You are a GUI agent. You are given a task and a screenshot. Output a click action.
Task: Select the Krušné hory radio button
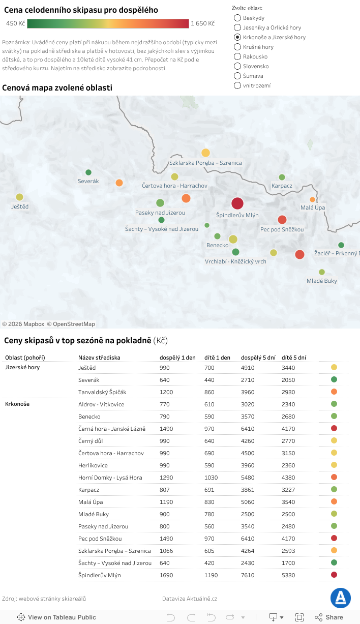pyautogui.click(x=237, y=47)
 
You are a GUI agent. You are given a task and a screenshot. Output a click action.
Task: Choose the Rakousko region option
pyautogui.click(x=237, y=56)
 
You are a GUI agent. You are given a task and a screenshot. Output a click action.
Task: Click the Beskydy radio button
pyautogui.click(x=237, y=18)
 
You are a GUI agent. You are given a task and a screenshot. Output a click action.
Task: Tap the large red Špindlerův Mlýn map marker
pyautogui.click(x=237, y=203)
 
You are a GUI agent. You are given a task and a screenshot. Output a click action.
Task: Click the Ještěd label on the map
pyautogui.click(x=20, y=206)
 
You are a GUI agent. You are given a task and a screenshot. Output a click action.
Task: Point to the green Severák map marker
pyautogui.click(x=88, y=172)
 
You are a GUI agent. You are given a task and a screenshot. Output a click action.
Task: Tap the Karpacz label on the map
pyautogui.click(x=282, y=186)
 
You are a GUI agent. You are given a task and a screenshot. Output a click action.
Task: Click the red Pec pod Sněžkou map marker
pyautogui.click(x=282, y=220)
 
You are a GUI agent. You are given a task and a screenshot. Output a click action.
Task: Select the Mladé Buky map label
pyautogui.click(x=321, y=281)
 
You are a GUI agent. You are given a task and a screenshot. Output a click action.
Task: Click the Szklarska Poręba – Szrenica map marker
pyautogui.click(x=205, y=153)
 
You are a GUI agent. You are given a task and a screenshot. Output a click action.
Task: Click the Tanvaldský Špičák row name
pyautogui.click(x=102, y=392)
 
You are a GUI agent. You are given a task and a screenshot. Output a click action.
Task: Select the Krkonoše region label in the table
pyautogui.click(x=17, y=404)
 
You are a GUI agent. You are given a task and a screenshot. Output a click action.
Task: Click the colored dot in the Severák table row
pyautogui.click(x=334, y=379)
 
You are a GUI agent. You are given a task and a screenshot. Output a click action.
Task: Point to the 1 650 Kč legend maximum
pyautogui.click(x=202, y=23)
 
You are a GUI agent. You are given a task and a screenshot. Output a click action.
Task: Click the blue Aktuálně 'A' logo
pyautogui.click(x=340, y=598)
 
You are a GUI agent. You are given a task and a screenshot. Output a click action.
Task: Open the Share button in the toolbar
pyautogui.click(x=329, y=617)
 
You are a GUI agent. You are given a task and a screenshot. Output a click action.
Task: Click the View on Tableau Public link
pyautogui.click(x=56, y=617)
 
